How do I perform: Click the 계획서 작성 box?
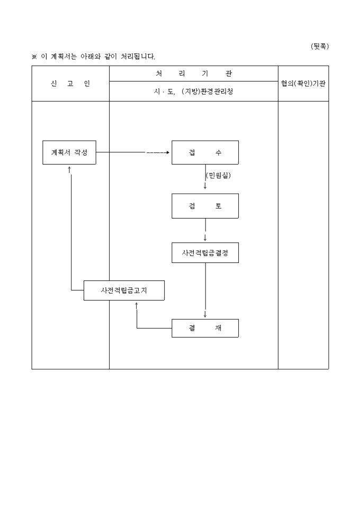[x=69, y=152]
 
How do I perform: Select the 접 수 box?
[x=205, y=152]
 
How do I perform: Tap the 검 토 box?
[x=205, y=206]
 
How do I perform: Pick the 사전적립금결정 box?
[x=205, y=253]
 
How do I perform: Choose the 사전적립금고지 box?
[x=124, y=290]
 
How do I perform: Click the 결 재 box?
[x=205, y=328]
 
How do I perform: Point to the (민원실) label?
[x=218, y=175]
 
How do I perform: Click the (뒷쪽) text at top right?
[x=320, y=47]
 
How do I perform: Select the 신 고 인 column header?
[x=70, y=84]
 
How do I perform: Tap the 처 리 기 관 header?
[x=194, y=74]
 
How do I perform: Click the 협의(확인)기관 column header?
[x=303, y=84]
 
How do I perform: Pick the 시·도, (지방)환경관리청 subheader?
[x=193, y=92]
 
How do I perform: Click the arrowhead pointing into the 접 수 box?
[x=168, y=152]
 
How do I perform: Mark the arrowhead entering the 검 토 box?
[x=205, y=187]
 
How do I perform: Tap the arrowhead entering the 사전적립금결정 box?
[x=205, y=239]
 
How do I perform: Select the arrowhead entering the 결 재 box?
[x=205, y=315]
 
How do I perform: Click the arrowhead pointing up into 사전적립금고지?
[x=137, y=304]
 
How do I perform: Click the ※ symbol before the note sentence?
[x=34, y=57]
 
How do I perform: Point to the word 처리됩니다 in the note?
[x=134, y=57]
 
